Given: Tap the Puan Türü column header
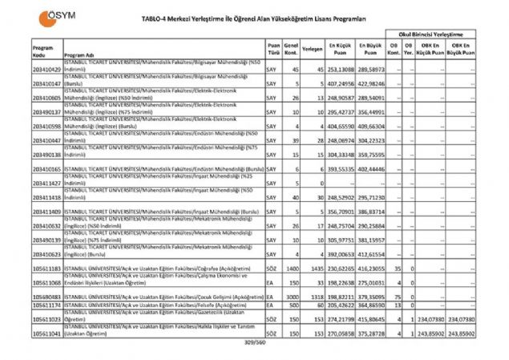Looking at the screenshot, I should click(x=274, y=51).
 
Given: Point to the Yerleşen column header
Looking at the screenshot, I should click(x=313, y=51).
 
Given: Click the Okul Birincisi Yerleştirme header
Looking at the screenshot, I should click(x=437, y=37).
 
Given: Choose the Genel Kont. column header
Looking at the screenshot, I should click(x=293, y=51).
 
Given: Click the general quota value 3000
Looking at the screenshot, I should click(x=293, y=296).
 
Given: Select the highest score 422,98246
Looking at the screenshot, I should click(x=370, y=83).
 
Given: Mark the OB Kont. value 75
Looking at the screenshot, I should click(x=398, y=296).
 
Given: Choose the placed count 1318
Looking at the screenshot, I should click(x=313, y=296).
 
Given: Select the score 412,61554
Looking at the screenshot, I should click(x=370, y=253).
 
